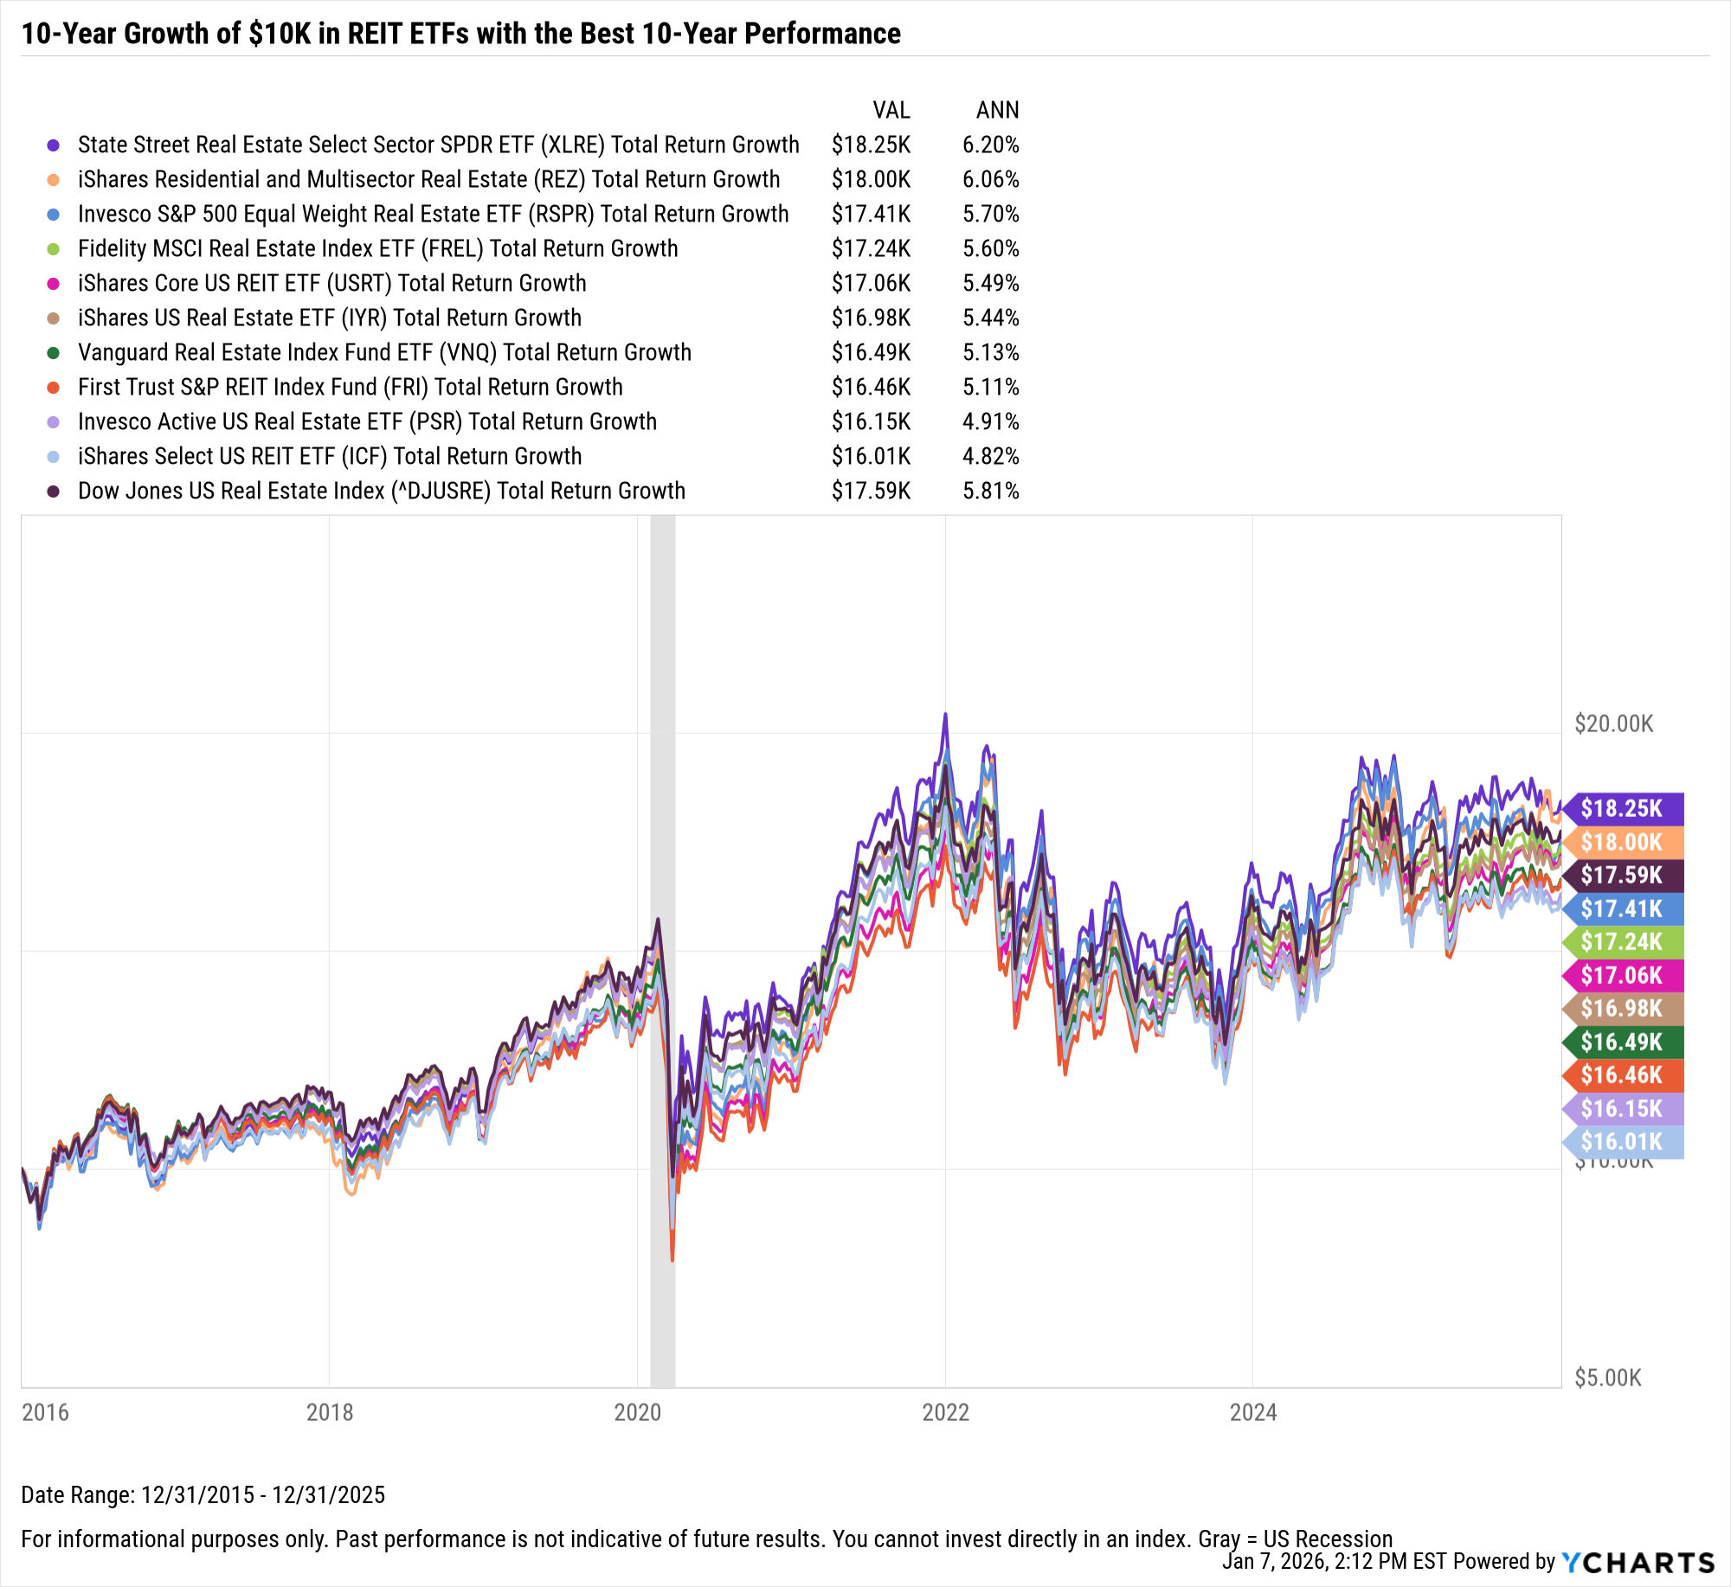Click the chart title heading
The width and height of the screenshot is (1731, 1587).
[x=460, y=34]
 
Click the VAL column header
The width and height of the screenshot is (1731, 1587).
[x=891, y=110]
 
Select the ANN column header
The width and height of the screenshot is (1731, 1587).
[x=997, y=110]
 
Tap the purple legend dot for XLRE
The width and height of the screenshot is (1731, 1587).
[x=54, y=145]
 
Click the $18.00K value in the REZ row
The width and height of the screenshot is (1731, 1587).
[x=871, y=179]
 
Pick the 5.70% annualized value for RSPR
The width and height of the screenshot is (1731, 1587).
[x=990, y=214]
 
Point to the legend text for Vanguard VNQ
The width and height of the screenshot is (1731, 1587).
[x=384, y=352]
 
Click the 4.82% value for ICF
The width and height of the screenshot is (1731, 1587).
[x=990, y=456]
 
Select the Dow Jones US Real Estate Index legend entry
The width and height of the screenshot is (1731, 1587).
[x=381, y=491]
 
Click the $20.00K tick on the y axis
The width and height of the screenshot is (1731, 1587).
[x=1613, y=723]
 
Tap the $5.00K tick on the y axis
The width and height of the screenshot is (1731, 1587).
[x=1607, y=1378]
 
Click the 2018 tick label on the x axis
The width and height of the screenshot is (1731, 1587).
[x=330, y=1412]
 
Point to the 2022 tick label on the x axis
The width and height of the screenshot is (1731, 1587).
[x=945, y=1412]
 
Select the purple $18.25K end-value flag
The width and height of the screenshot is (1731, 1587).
[x=1623, y=808]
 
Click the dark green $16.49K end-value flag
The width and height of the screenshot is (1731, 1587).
[x=1623, y=1042]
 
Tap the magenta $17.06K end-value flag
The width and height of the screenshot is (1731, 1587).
[x=1623, y=975]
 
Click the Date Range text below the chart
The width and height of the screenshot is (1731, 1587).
[x=203, y=1494]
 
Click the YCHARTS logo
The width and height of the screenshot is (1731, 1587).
[x=1638, y=1562]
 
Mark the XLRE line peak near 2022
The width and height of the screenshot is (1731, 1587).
[x=945, y=715]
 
